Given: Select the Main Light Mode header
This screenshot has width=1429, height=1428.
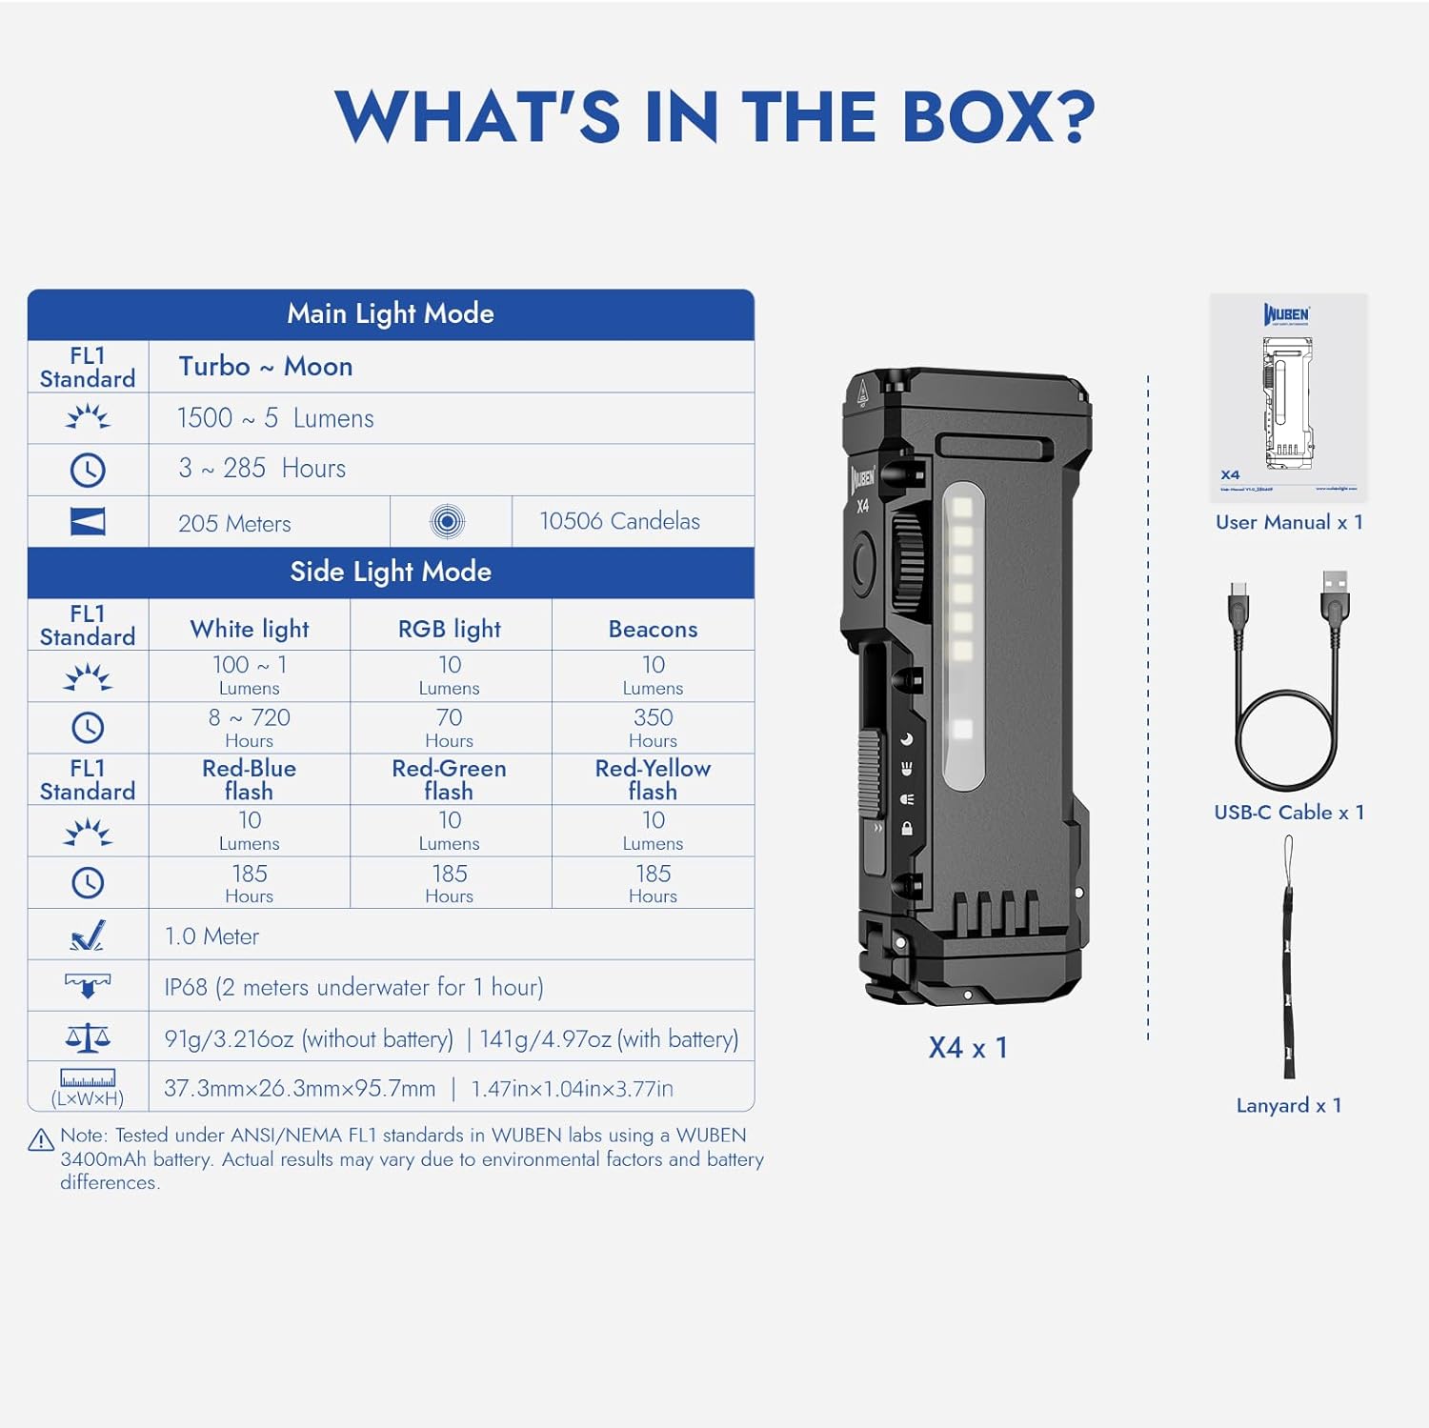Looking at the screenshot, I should point(391,314).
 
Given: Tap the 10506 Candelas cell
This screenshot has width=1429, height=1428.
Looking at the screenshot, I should point(619,521).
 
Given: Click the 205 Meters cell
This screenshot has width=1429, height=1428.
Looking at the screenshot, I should point(234,523).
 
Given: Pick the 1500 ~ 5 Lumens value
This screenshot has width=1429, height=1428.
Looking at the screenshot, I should point(275,418).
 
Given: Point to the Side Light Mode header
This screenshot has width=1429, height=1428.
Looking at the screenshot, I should point(391,572).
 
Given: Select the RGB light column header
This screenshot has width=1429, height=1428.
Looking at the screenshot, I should point(450,629).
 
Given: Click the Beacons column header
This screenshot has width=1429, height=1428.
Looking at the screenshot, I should point(653,629).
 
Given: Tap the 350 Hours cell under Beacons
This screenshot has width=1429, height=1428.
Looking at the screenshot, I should point(653,728).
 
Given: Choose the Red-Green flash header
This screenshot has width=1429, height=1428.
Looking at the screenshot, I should point(449,779).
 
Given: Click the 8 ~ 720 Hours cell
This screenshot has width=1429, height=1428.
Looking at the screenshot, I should point(249,728).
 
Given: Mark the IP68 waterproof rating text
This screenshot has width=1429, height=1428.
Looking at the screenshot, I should point(353,987).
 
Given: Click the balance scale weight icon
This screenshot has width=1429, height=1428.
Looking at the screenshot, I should point(88,1037).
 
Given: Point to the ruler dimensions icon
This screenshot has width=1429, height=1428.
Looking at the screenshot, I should point(88,1078).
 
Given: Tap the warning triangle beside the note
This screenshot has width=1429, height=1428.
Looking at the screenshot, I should point(41,1140).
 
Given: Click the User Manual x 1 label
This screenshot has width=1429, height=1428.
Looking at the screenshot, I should point(1289,522).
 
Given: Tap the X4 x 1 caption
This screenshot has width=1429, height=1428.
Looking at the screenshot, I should point(968,1048).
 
